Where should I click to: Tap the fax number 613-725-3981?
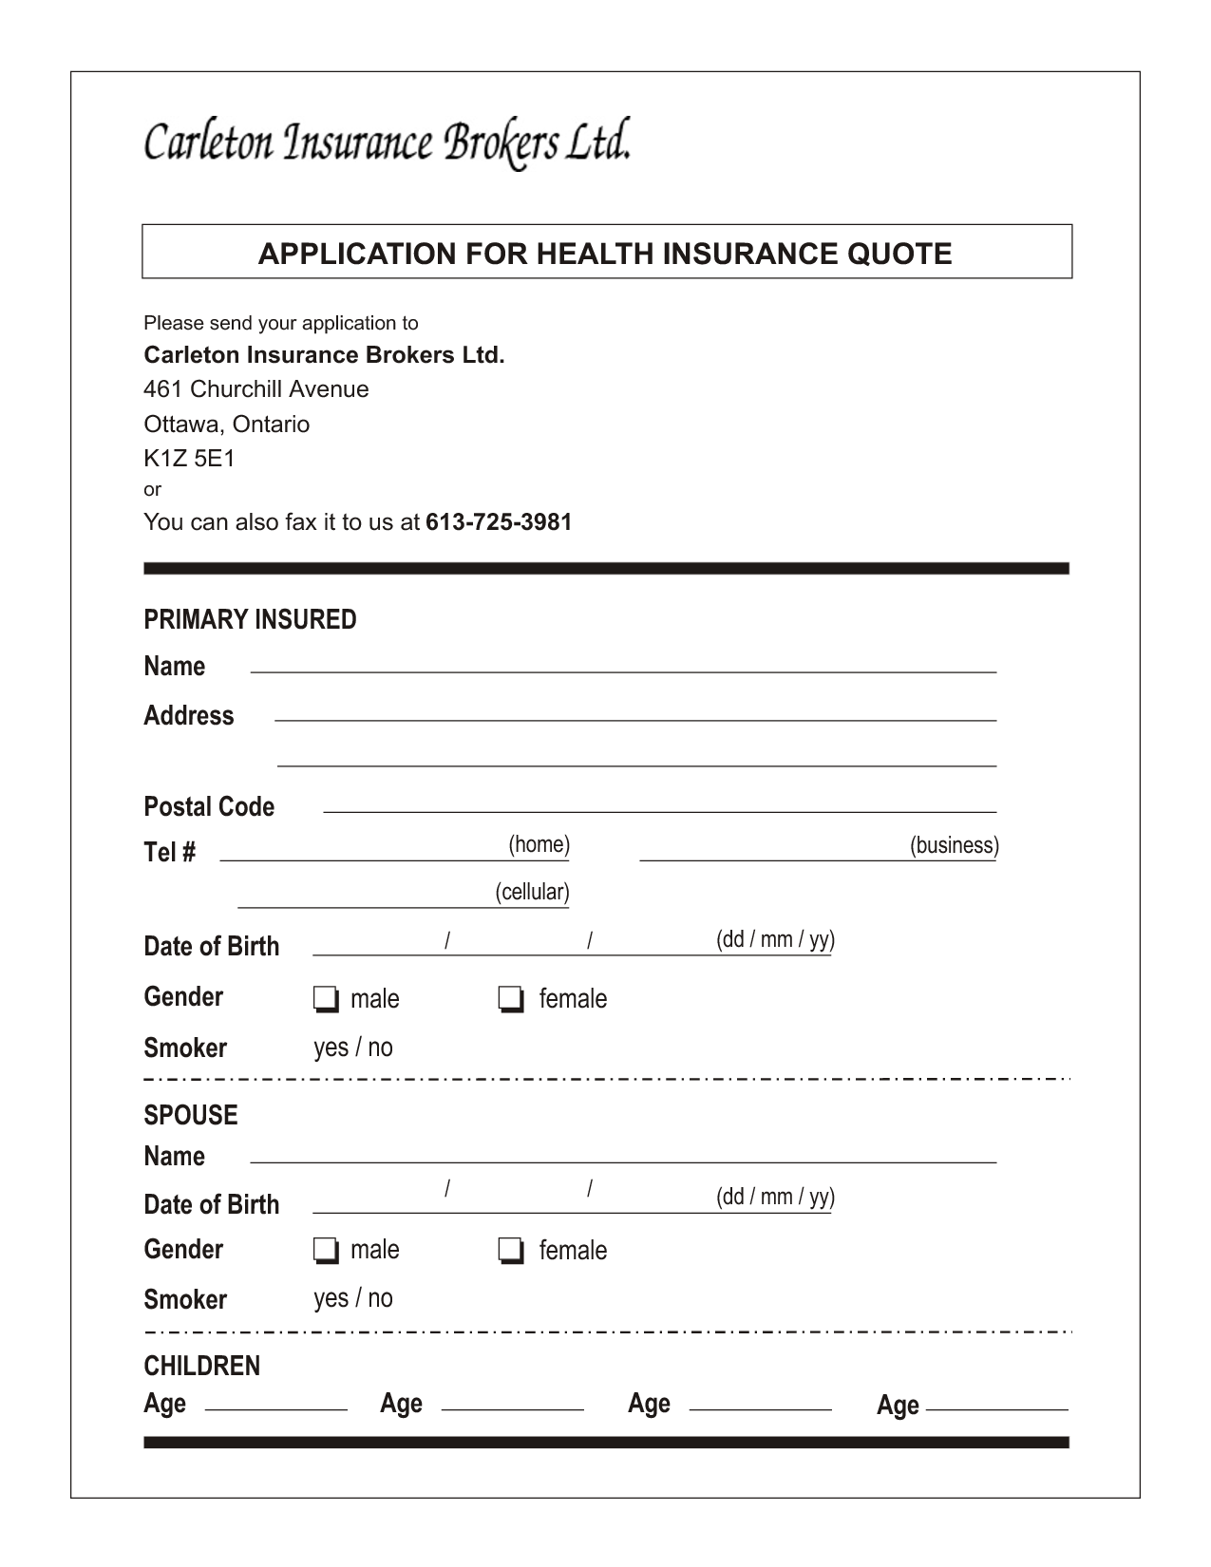pyautogui.click(x=499, y=522)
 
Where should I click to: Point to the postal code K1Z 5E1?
pyautogui.click(x=189, y=459)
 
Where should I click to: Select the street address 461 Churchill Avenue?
pyautogui.click(x=256, y=389)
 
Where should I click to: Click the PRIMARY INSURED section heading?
pyautogui.click(x=250, y=619)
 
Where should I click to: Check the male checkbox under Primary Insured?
pyautogui.click(x=325, y=999)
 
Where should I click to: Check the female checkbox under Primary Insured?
pyautogui.click(x=511, y=999)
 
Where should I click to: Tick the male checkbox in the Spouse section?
pyautogui.click(x=325, y=1251)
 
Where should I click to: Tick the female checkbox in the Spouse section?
pyautogui.click(x=511, y=1251)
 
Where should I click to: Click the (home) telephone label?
pyautogui.click(x=539, y=844)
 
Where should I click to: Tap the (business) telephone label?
pyautogui.click(x=954, y=845)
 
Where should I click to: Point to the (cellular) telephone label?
pyautogui.click(x=532, y=892)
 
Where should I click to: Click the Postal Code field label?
pyautogui.click(x=209, y=807)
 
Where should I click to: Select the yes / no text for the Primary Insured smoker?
pyautogui.click(x=353, y=1048)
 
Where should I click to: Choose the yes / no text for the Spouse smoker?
pyautogui.click(x=353, y=1298)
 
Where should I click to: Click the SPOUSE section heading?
pyautogui.click(x=191, y=1115)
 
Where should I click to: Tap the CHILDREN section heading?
pyautogui.click(x=201, y=1366)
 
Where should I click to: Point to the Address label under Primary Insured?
pyautogui.click(x=189, y=715)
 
